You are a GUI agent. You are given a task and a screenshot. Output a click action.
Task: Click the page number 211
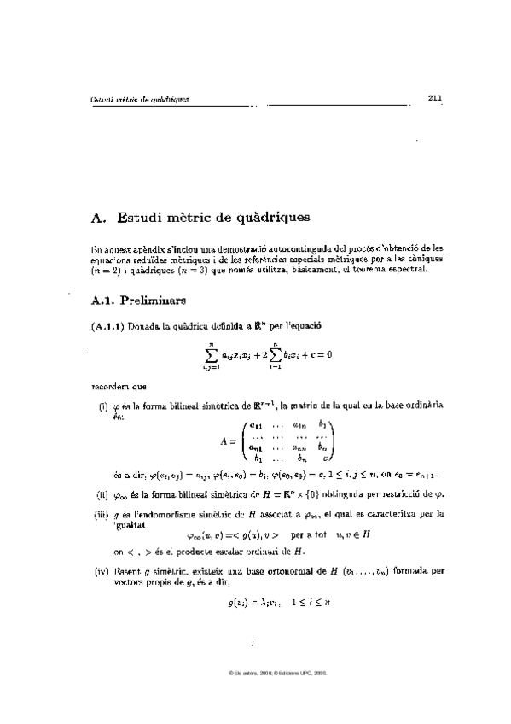coord(434,98)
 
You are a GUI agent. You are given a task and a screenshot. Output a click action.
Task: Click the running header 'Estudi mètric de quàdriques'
coord(139,99)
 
